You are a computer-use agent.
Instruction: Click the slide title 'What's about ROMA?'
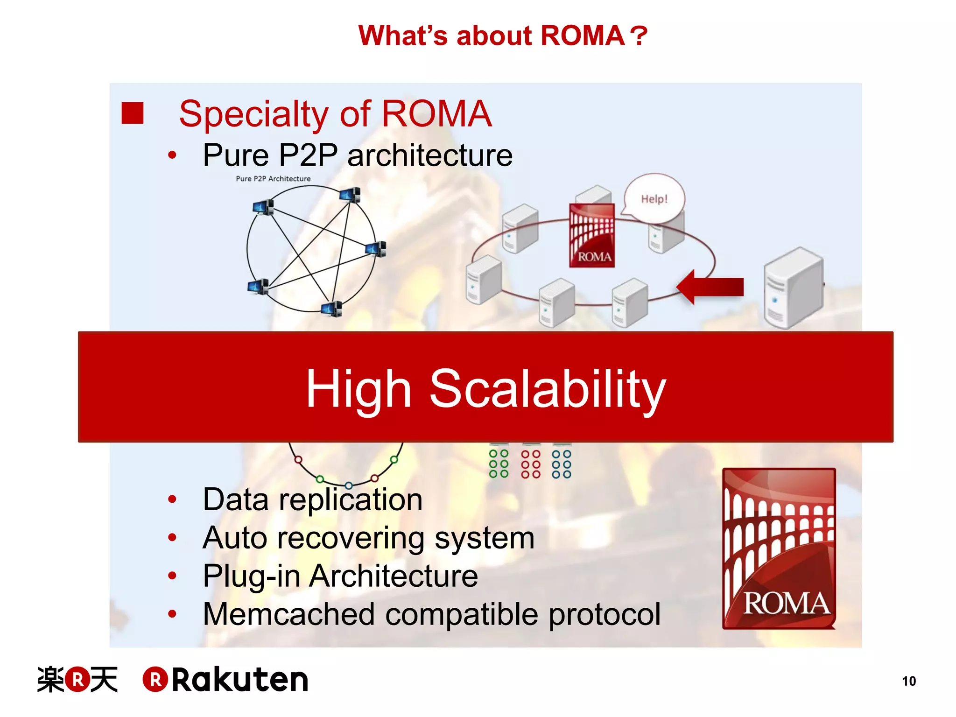502,35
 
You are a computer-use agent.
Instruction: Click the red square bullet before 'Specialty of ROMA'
132,113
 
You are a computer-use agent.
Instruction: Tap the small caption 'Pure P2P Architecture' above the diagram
273,178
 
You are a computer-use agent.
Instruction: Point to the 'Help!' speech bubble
654,199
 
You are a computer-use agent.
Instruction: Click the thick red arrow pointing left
710,287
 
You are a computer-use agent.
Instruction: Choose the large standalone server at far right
793,288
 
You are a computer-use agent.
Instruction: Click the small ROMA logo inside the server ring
592,235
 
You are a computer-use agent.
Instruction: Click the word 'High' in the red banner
358,388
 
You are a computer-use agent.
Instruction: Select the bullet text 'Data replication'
312,499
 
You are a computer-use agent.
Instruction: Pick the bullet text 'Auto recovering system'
368,538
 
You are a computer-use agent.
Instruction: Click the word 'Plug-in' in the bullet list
252,576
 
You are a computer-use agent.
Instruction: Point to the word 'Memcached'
289,614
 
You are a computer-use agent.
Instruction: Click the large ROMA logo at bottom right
779,548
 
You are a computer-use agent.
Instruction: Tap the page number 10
908,681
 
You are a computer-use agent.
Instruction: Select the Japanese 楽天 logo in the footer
77,680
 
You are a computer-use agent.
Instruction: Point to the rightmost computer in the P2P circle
376,249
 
